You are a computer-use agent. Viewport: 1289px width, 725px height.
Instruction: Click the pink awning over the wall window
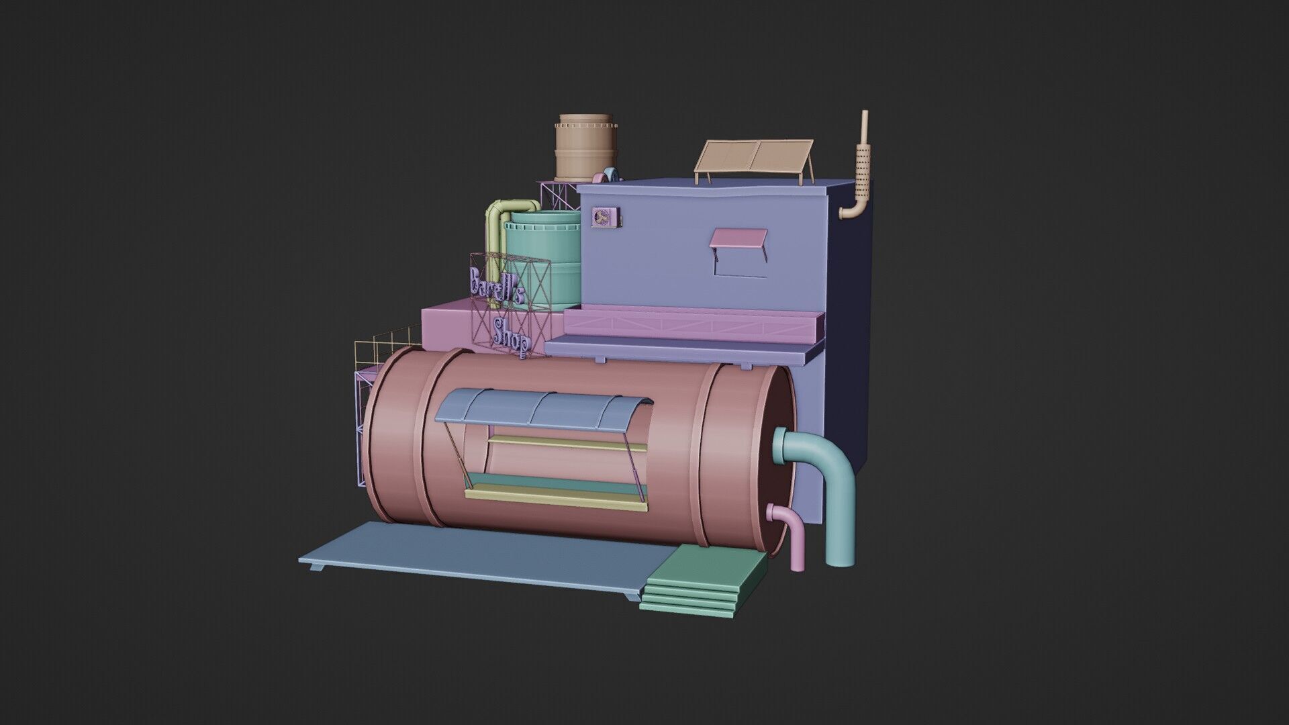pos(738,238)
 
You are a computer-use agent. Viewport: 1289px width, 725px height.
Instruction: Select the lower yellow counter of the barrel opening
pos(557,497)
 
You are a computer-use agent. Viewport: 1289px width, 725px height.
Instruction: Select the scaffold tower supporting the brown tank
pos(557,195)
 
